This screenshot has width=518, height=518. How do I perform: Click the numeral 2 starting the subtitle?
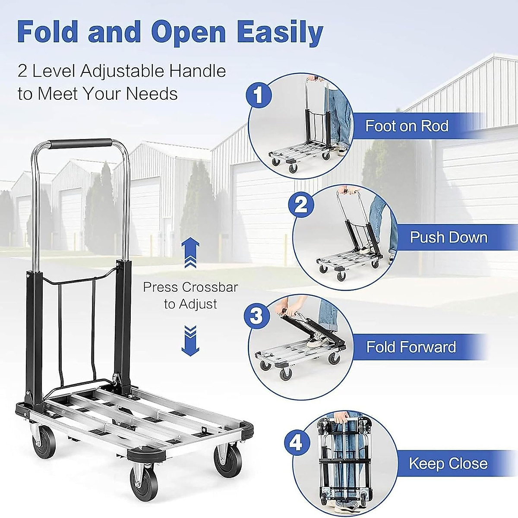(22, 71)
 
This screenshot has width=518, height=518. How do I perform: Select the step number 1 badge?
(258, 95)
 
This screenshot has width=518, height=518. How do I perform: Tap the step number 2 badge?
(301, 205)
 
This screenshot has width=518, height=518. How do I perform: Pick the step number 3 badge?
(256, 316)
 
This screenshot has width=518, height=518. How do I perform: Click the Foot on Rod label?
(407, 126)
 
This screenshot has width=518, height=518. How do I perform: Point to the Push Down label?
(448, 237)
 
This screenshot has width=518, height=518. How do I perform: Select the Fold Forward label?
(411, 347)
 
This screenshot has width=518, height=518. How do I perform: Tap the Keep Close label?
(448, 463)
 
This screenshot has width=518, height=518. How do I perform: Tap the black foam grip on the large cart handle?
(81, 144)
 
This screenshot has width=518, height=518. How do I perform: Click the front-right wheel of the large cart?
(227, 462)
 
